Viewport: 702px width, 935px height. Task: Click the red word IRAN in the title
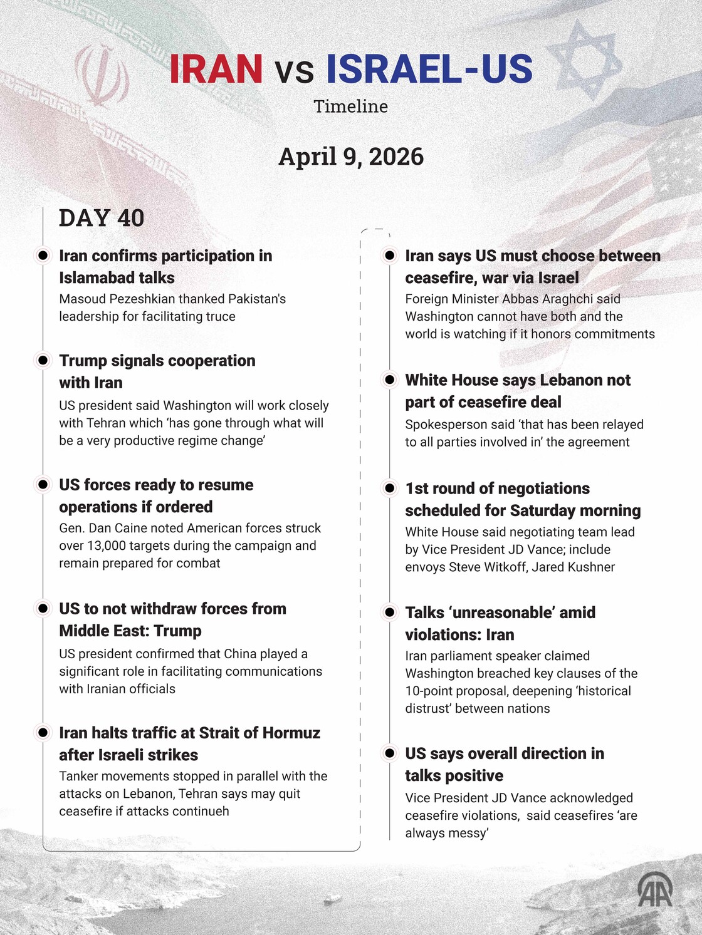coord(216,69)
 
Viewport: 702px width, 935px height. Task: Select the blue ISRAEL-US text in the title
coord(429,69)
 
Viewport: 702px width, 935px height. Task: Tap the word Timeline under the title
coord(351,106)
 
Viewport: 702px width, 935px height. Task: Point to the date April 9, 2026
coord(351,157)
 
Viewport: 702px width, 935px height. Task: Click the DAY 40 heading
coord(102,218)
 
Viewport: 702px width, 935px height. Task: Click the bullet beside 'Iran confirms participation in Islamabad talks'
coord(43,256)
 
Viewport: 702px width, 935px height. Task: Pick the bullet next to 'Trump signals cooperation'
coord(43,360)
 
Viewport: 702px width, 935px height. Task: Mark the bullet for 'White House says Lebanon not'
coord(390,380)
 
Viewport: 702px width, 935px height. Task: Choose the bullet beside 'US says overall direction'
coord(390,753)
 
